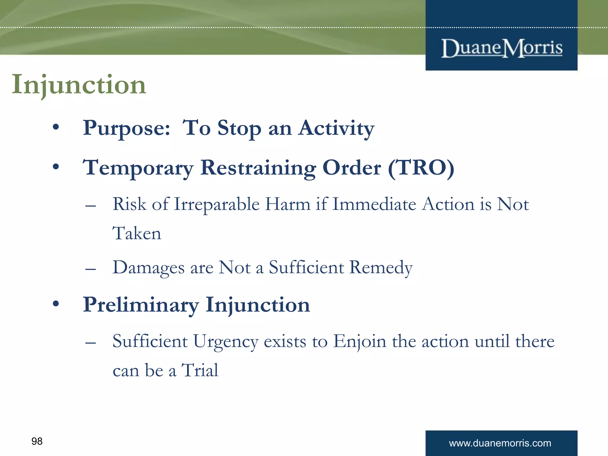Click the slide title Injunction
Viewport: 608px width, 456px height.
point(79,85)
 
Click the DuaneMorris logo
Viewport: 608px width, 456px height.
point(502,48)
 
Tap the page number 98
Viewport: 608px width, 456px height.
point(37,441)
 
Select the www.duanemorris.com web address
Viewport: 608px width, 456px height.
point(500,443)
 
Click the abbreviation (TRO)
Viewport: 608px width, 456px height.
point(421,168)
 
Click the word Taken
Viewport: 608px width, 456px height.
point(137,233)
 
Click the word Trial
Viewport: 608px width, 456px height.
point(200,370)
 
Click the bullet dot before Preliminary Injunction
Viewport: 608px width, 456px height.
point(56,304)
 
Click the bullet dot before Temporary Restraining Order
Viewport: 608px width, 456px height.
point(56,167)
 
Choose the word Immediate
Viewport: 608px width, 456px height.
point(374,205)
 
